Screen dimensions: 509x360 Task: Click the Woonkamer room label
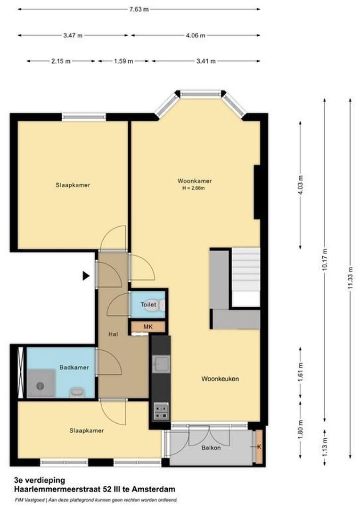click(195, 181)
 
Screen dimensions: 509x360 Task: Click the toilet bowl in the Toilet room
click(160, 305)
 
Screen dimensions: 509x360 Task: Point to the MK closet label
click(147, 326)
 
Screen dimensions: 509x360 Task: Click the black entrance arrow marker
click(86, 276)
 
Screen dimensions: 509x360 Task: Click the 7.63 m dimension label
click(139, 9)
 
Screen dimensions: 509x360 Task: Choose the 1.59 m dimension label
click(123, 61)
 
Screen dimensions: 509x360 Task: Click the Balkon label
click(211, 447)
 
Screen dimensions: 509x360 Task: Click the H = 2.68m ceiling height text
click(195, 188)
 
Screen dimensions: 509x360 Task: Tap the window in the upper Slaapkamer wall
click(84, 116)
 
